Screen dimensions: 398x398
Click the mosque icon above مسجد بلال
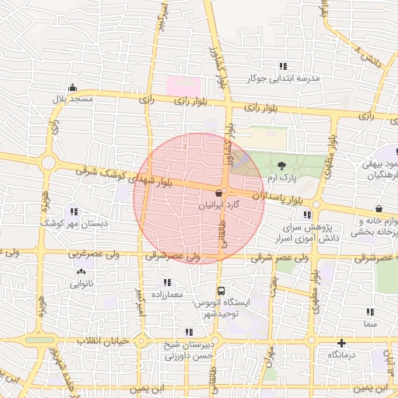tap(72, 87)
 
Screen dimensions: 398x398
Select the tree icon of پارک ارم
tap(281, 165)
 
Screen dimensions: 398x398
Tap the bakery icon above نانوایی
tap(81, 272)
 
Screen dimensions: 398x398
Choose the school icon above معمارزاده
tap(166, 282)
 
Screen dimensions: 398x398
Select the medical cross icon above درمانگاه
tap(341, 343)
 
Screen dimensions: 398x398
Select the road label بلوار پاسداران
tap(282, 200)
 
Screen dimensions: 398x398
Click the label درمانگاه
tap(341, 354)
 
